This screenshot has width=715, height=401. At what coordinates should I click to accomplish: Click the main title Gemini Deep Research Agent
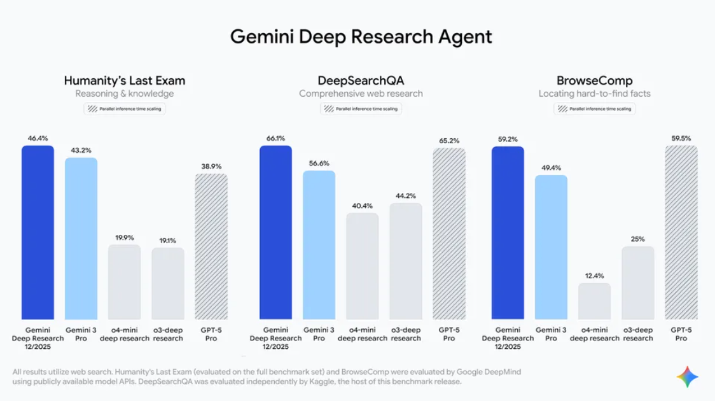point(361,36)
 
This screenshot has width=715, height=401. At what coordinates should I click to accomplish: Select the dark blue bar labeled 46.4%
point(38,232)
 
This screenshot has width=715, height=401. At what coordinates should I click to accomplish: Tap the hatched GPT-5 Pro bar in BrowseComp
point(681,232)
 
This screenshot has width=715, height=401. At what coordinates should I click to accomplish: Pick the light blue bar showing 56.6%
point(319,245)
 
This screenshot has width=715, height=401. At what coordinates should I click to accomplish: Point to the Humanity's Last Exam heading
point(125,81)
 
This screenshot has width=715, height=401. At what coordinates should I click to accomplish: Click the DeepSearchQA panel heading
point(361,81)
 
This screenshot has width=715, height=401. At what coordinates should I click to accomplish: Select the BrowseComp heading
point(594,81)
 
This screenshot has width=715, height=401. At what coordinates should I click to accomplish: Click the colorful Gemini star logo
point(687,377)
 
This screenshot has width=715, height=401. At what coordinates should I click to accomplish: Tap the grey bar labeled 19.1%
point(168,283)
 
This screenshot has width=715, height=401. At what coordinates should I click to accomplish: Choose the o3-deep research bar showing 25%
point(638,283)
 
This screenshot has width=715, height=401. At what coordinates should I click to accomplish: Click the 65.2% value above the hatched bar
point(449,141)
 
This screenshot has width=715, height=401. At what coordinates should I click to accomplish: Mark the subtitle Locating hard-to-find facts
point(594,94)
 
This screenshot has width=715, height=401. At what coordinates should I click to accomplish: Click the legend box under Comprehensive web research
point(361,109)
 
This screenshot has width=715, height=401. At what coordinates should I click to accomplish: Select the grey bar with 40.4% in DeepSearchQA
point(362,266)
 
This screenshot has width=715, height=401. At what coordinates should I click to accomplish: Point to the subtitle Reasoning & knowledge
point(125,94)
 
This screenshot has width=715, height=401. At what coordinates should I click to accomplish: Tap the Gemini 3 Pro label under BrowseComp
point(551,334)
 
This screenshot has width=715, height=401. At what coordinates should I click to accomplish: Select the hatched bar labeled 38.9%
point(211,246)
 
